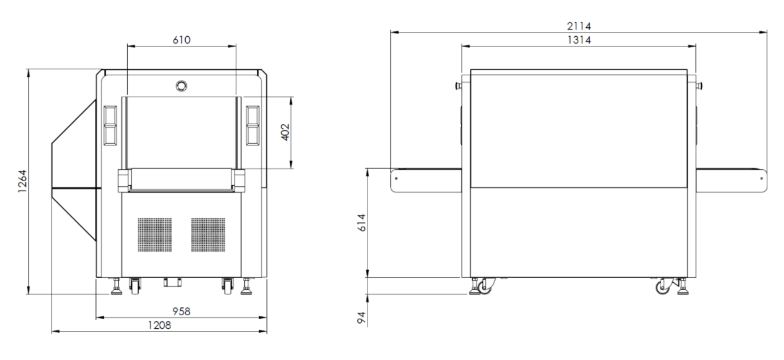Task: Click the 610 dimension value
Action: pyautogui.click(x=182, y=40)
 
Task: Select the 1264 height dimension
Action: pyautogui.click(x=22, y=181)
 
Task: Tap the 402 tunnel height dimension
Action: pyautogui.click(x=286, y=132)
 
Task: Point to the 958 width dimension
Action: pyautogui.click(x=181, y=311)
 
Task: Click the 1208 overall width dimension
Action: pyautogui.click(x=160, y=325)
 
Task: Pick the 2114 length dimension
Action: pyautogui.click(x=579, y=26)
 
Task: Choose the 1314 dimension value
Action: pyautogui.click(x=579, y=40)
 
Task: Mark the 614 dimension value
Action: pyautogui.click(x=362, y=223)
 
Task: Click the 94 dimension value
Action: pyautogui.click(x=362, y=317)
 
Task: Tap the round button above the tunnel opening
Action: pyautogui.click(x=181, y=86)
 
